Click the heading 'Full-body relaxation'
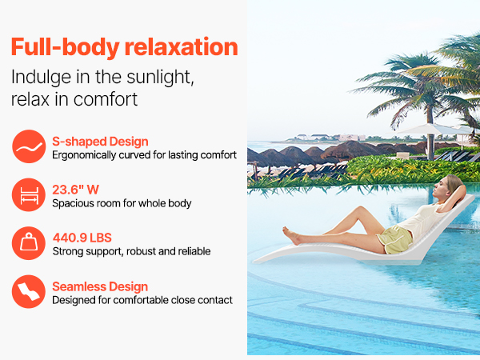(x=124, y=47)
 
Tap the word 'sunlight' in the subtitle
(x=160, y=77)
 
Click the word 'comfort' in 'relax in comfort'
(x=106, y=99)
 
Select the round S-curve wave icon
(x=29, y=146)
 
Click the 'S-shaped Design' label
(x=100, y=142)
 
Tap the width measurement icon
(x=29, y=194)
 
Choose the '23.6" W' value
(x=76, y=190)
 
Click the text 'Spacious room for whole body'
(x=122, y=203)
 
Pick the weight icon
(x=29, y=243)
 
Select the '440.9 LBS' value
(x=82, y=238)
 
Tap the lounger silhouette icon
(x=29, y=291)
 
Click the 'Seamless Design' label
(x=100, y=287)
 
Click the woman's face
(x=442, y=186)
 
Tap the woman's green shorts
(x=395, y=240)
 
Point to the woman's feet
(x=291, y=236)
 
